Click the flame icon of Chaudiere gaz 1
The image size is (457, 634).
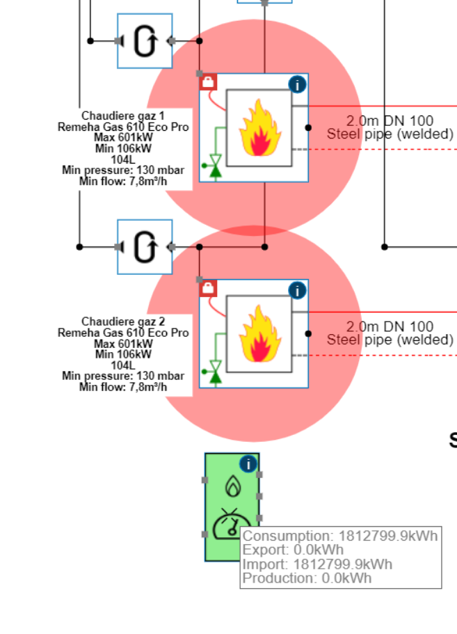tap(259, 127)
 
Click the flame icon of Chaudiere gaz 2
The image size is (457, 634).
tap(259, 334)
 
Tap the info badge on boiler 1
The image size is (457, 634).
tap(297, 85)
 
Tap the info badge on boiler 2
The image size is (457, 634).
tap(297, 291)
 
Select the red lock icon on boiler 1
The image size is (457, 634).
tap(208, 82)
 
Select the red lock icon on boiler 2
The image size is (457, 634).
tap(208, 288)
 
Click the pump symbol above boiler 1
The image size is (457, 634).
tap(145, 41)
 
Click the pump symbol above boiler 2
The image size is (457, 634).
tap(145, 247)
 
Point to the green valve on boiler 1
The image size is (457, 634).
tap(216, 165)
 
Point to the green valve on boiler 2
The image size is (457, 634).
tap(216, 372)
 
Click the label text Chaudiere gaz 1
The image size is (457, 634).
tap(123, 116)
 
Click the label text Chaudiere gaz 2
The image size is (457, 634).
tap(123, 322)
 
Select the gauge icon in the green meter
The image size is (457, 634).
tap(232, 524)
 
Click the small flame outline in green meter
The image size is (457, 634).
tap(232, 486)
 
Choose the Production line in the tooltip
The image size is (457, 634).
tap(307, 578)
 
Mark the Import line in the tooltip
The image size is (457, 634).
tap(317, 564)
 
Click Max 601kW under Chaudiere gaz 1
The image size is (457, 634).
tap(123, 138)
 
